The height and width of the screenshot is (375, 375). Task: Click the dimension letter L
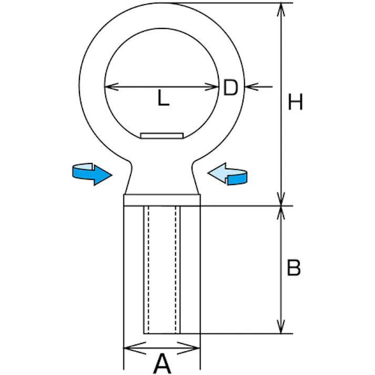pyautogui.click(x=164, y=98)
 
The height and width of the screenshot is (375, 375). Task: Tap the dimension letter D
pyautogui.click(x=230, y=88)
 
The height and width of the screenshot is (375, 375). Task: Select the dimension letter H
pyautogui.click(x=296, y=102)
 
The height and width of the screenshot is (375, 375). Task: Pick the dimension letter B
pyautogui.click(x=293, y=268)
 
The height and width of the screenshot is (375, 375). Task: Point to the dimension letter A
pyautogui.click(x=162, y=363)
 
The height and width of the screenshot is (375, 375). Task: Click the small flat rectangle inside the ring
pyautogui.click(x=161, y=136)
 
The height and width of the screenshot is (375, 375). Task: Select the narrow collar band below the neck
pyautogui.click(x=162, y=199)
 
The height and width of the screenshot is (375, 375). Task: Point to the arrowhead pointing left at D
pyautogui.click(x=250, y=86)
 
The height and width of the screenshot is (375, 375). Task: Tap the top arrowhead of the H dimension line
pyautogui.click(x=282, y=8)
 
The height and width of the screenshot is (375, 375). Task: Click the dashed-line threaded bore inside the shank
pyautogui.click(x=162, y=268)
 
